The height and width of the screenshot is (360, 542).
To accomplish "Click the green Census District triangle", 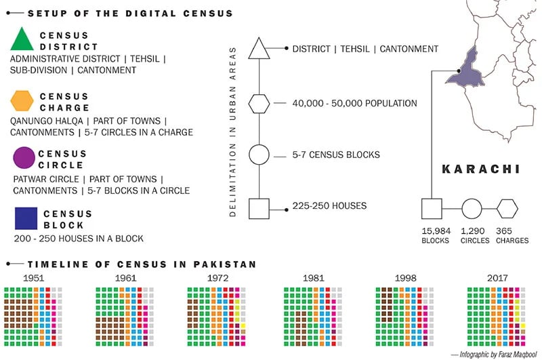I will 22,41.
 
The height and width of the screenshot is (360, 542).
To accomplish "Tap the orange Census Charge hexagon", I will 22,101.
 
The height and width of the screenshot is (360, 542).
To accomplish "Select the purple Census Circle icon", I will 24,158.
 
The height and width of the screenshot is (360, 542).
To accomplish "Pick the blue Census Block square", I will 25,218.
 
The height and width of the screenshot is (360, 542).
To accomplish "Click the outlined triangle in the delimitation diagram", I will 259,49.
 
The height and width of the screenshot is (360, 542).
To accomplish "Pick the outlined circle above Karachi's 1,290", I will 472,208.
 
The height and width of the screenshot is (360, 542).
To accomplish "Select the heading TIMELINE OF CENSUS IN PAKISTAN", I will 142,263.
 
